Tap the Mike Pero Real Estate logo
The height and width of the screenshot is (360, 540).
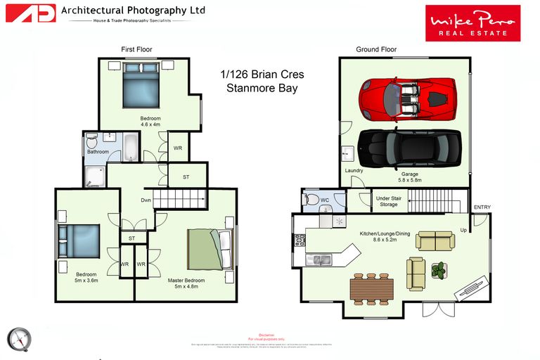point(472,23)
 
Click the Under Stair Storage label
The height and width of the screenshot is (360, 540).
point(389,202)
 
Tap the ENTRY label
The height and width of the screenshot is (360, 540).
point(482,207)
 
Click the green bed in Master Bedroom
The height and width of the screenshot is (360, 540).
point(206,250)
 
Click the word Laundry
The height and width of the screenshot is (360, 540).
point(353,170)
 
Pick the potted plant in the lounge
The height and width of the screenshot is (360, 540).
point(439,269)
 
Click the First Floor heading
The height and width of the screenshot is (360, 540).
point(136,49)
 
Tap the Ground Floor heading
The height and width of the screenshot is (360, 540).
point(376,49)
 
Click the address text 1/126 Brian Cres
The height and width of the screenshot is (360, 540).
point(262,74)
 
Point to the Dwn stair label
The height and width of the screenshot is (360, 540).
point(146,200)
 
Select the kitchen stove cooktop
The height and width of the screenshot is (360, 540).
point(298,239)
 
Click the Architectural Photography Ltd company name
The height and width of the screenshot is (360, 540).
point(133,11)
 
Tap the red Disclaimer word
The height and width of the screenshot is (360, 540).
point(266,335)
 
